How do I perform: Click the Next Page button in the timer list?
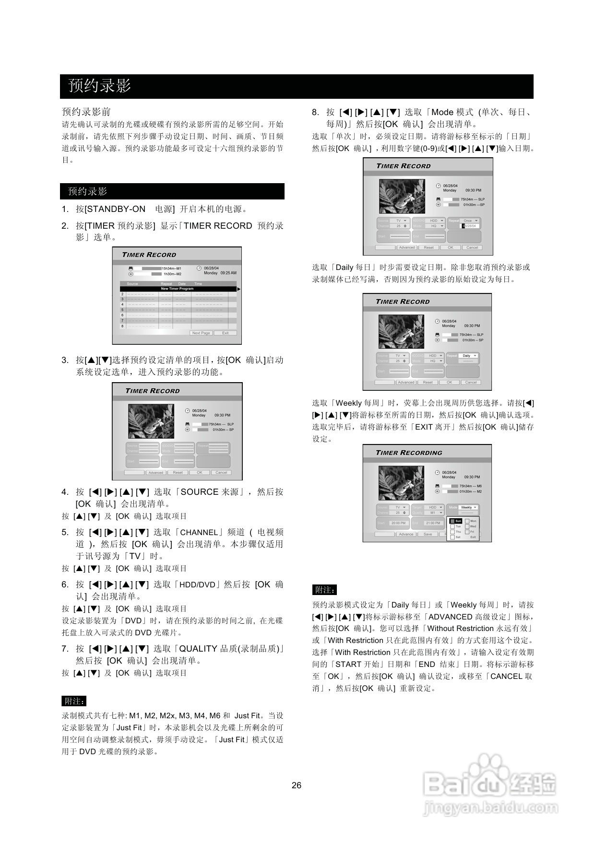pos(201,333)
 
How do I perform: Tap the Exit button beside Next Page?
pos(225,333)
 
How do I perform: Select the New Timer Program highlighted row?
pos(178,289)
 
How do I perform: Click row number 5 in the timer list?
pos(122,310)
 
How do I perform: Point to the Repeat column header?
pos(167,284)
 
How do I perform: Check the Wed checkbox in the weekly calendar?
pos(471,526)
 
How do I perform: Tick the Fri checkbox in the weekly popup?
pos(470,532)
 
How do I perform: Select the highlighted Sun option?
pos(456,521)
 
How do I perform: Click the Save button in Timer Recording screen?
pos(428,534)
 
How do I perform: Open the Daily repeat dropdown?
pos(469,356)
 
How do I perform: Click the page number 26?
pos(297,785)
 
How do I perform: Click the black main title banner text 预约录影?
pos(100,86)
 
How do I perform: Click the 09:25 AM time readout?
pos(228,273)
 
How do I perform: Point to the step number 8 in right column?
pos(315,113)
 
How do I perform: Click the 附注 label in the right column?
pos(325,590)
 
